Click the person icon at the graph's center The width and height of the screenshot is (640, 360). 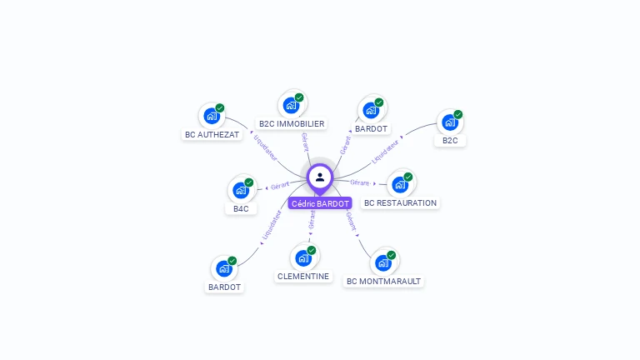coord(320,177)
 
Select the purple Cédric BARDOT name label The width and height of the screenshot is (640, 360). coord(320,203)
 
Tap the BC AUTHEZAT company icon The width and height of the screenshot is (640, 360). coord(211,117)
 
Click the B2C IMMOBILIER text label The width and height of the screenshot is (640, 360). coord(292,124)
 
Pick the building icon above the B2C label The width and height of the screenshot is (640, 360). coord(449,122)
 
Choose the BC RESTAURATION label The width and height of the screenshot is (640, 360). coord(400,202)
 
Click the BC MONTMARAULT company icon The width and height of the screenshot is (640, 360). coord(382,263)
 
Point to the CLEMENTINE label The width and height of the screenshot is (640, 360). coord(302,277)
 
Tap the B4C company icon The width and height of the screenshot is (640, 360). coord(240,191)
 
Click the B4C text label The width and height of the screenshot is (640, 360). coord(241,209)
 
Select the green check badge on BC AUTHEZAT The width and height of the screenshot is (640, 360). coord(220,107)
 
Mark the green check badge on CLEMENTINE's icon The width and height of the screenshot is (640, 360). coord(312,250)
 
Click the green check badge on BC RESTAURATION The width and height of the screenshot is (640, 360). coord(408,177)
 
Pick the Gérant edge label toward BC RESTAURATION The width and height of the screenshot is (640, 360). coord(360,182)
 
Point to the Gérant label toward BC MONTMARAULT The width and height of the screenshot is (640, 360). coord(351,221)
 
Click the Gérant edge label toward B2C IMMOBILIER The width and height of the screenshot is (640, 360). coord(305,142)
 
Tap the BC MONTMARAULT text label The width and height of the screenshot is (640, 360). coord(383,282)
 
